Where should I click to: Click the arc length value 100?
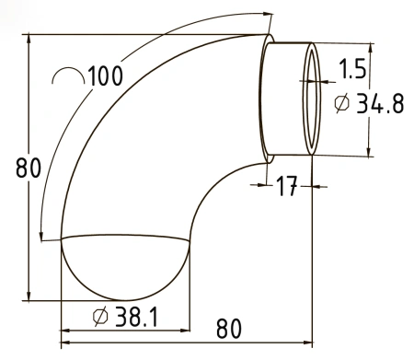(106, 75)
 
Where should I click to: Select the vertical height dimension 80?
(29, 168)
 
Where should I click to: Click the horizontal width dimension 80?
(229, 329)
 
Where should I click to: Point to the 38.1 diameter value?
(136, 317)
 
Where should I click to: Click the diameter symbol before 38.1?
(100, 317)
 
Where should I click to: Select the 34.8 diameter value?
(381, 103)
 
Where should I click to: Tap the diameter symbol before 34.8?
(341, 103)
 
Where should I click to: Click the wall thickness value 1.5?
(352, 68)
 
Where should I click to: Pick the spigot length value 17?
(287, 186)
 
